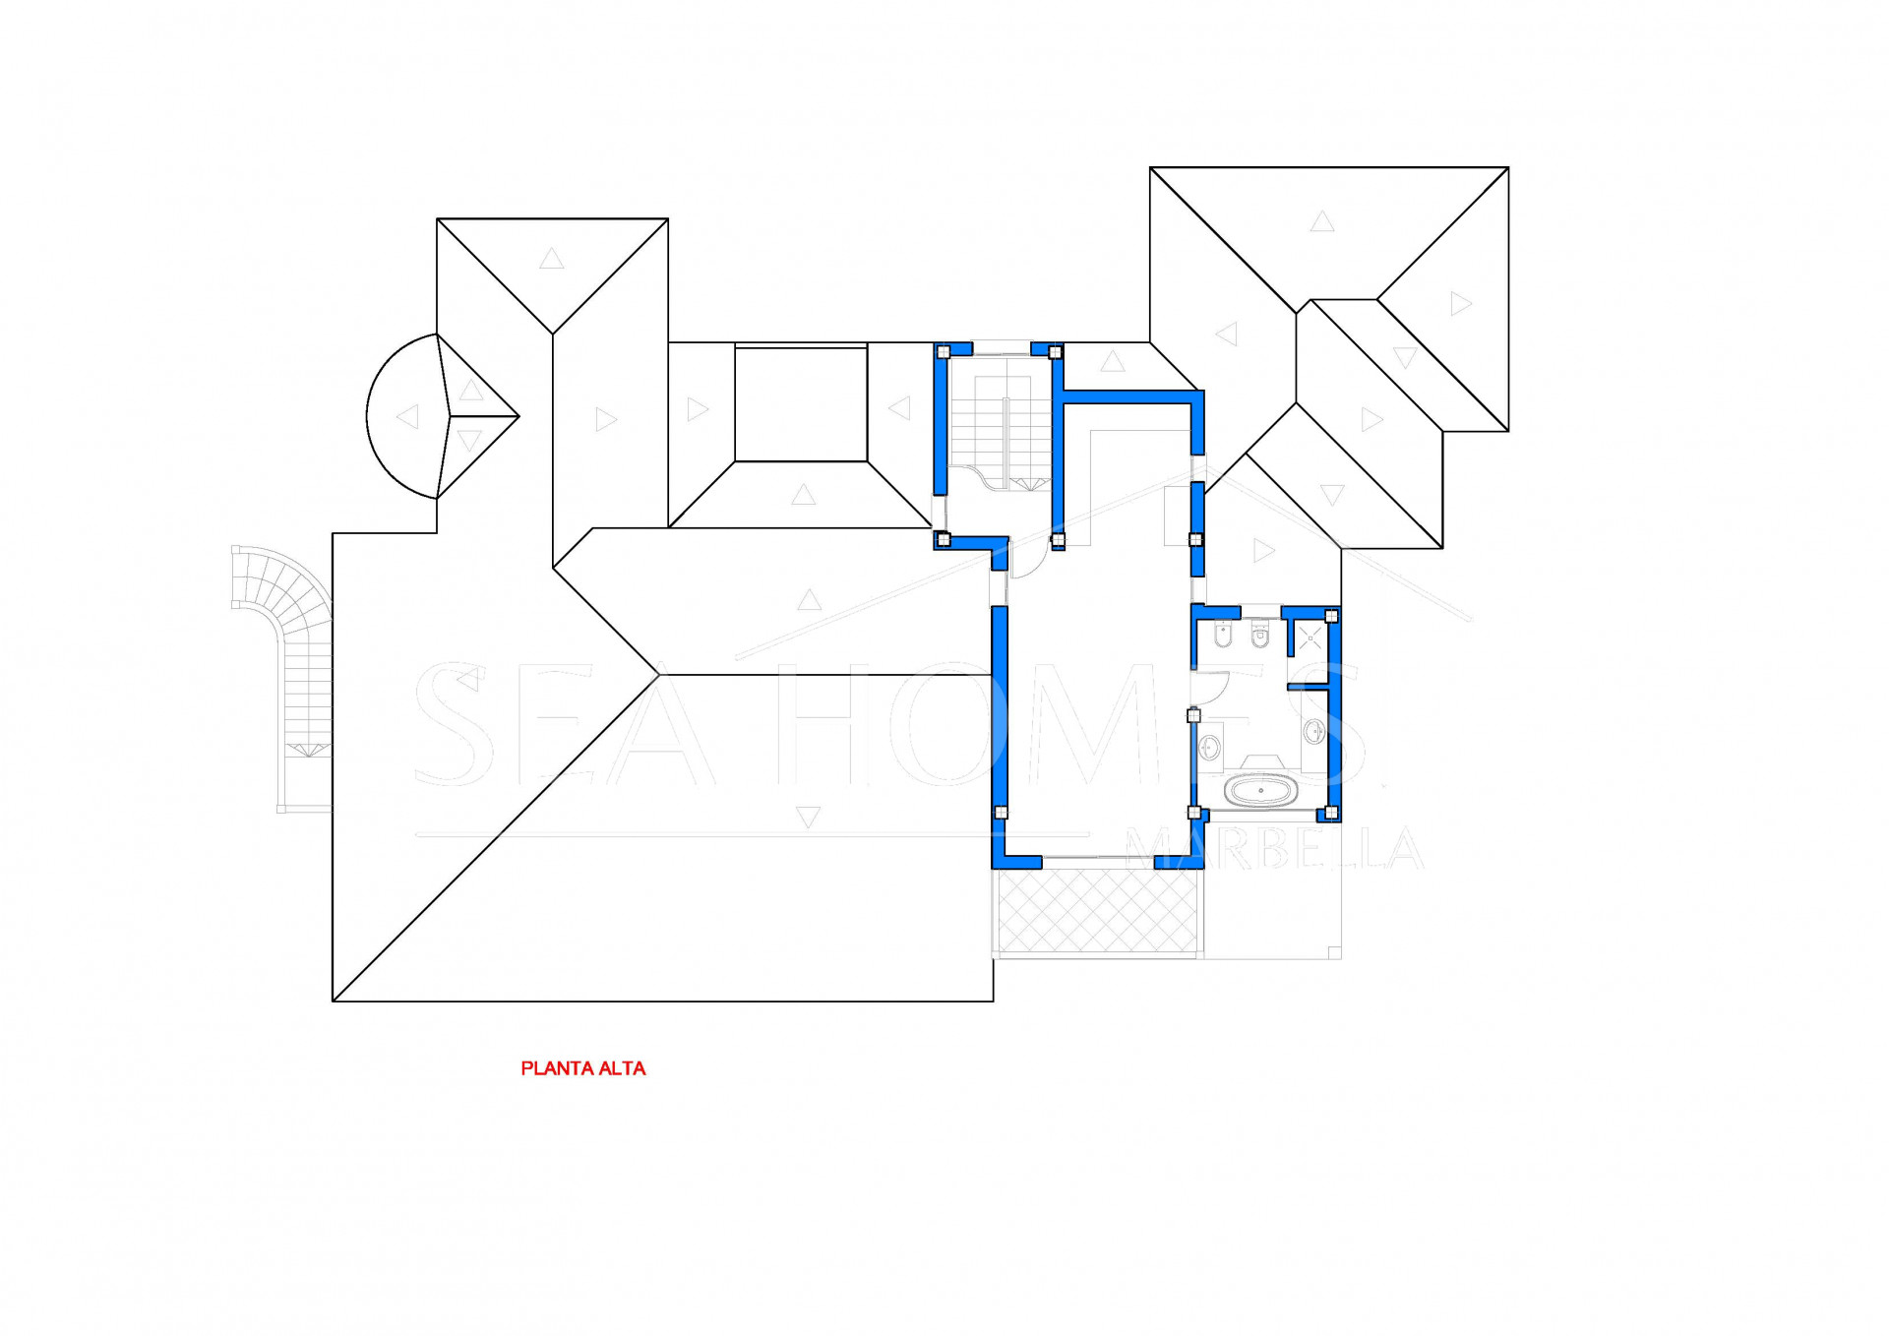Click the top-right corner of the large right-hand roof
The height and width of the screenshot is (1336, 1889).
click(x=1508, y=167)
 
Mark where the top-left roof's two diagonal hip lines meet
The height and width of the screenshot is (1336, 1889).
click(x=553, y=334)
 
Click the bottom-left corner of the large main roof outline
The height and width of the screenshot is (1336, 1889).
click(x=333, y=1002)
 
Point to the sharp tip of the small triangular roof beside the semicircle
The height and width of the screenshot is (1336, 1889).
click(x=518, y=416)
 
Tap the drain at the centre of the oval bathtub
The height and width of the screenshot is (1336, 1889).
click(x=1261, y=790)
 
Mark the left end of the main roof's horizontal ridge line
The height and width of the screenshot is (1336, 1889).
click(x=658, y=675)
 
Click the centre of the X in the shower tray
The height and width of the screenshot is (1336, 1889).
click(x=1310, y=638)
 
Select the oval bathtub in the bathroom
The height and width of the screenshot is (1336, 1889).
click(x=1261, y=790)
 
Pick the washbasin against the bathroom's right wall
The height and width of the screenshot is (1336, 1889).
click(x=1313, y=731)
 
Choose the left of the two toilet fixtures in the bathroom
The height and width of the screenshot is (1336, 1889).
click(x=1224, y=638)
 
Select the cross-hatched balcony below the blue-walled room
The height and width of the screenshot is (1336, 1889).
click(x=1097, y=911)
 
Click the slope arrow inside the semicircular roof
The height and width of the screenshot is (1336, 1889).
click(x=407, y=417)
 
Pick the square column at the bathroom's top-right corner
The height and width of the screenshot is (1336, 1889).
click(x=1331, y=617)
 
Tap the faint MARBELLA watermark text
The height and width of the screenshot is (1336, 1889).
click(x=1274, y=848)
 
